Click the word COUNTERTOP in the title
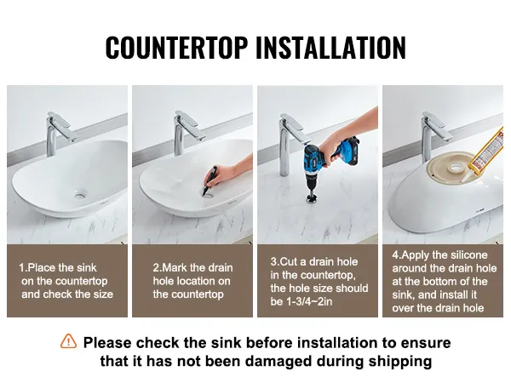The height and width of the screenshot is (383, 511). (176, 48)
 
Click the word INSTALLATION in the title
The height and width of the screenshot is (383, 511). (330, 48)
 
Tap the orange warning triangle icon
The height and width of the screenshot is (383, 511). (68, 341)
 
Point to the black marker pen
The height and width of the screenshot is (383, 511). (210, 180)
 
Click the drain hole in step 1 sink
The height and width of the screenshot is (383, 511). (80, 195)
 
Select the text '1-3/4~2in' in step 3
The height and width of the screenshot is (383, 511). (309, 301)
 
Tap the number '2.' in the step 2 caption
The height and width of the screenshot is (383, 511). (157, 268)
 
